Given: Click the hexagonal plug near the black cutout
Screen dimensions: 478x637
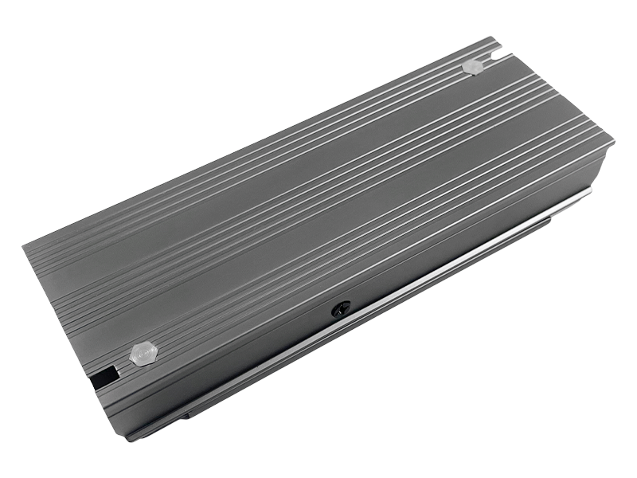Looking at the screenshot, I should [x=143, y=354].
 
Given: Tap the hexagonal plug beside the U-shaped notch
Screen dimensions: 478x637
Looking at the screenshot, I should [x=472, y=67].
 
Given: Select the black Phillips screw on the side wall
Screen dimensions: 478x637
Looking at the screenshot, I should [x=341, y=308].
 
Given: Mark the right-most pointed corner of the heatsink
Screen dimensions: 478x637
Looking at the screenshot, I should [x=614, y=143].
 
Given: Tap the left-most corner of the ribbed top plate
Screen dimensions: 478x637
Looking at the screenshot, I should [x=45, y=239].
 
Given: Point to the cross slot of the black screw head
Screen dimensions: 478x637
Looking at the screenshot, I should [x=341, y=308].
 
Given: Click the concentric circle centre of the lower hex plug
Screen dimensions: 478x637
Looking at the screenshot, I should [x=143, y=354].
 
